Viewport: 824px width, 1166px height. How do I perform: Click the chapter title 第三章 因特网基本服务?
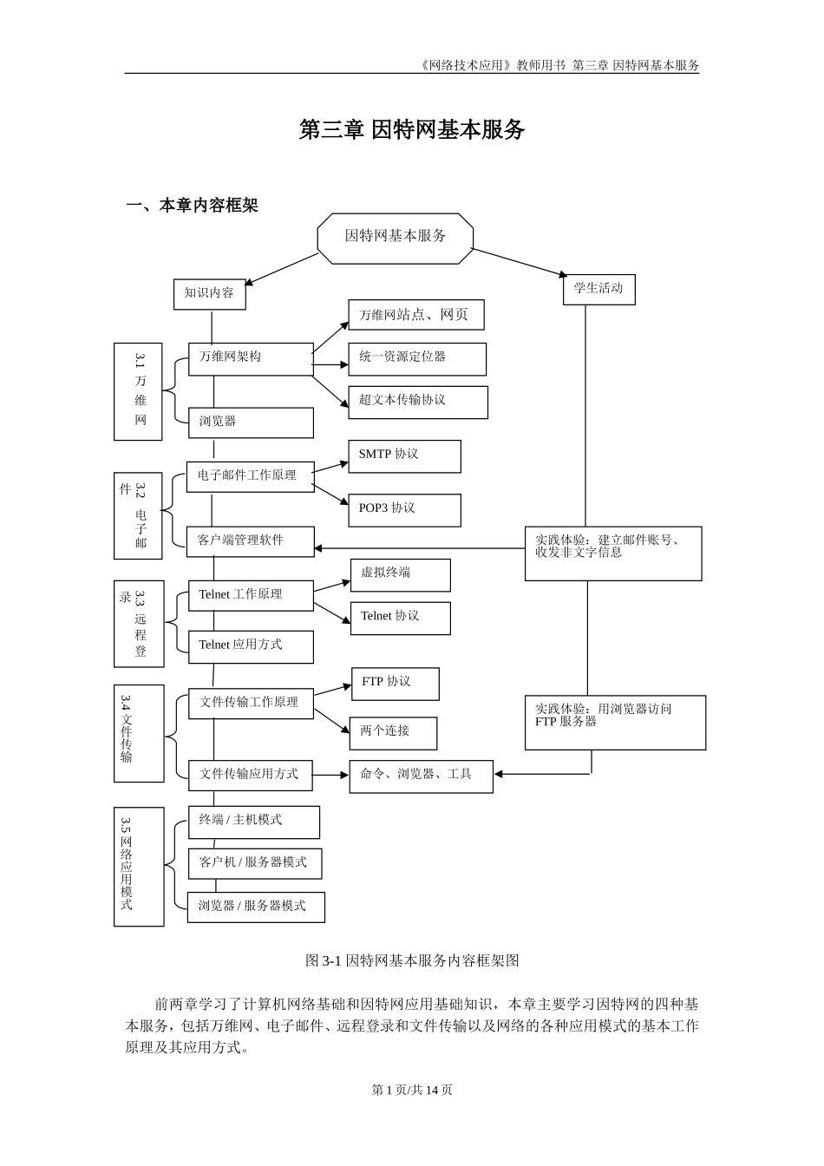click(412, 130)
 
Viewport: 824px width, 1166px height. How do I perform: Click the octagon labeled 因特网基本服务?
click(396, 237)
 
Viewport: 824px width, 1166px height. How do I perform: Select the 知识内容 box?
click(209, 293)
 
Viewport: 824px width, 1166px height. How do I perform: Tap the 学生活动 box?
click(598, 289)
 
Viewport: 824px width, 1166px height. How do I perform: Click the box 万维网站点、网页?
click(415, 315)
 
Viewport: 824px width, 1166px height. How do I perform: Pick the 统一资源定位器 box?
click(416, 358)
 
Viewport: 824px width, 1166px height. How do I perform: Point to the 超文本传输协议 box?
click(417, 401)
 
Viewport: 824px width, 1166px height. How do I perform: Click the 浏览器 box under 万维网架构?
click(251, 422)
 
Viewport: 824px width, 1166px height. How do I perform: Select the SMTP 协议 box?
click(403, 455)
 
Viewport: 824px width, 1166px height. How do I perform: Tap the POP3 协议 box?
click(403, 509)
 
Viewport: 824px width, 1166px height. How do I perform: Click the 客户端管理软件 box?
click(250, 540)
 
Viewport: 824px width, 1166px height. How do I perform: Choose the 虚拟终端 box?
click(400, 574)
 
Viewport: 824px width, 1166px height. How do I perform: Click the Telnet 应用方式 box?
click(251, 646)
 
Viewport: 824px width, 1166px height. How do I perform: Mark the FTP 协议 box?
click(395, 683)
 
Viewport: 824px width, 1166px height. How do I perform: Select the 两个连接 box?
click(393, 732)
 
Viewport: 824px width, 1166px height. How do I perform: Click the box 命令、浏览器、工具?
click(421, 776)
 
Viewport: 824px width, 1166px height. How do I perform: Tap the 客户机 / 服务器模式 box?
click(254, 863)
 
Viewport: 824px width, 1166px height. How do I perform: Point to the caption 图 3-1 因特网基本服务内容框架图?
click(412, 960)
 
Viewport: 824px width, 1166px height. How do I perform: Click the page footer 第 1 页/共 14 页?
click(412, 1090)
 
